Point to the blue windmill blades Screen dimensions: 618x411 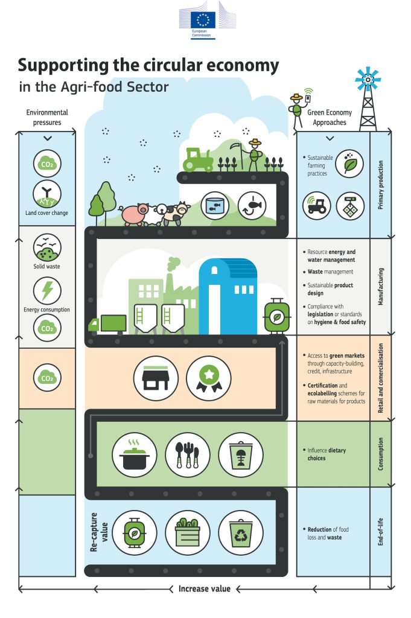coord(368,79)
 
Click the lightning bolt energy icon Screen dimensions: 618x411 coord(47,290)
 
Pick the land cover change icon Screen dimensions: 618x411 coord(47,193)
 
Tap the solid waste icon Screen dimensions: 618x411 coord(47,247)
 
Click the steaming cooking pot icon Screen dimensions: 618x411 coord(135,455)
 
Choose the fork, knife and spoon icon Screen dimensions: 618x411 coord(188,455)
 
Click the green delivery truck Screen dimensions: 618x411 coord(108,325)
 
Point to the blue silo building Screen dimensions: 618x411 coord(228,296)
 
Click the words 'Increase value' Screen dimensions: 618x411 coord(204,588)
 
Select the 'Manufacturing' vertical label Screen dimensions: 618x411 coord(380,286)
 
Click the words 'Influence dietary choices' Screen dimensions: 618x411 coord(327,454)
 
